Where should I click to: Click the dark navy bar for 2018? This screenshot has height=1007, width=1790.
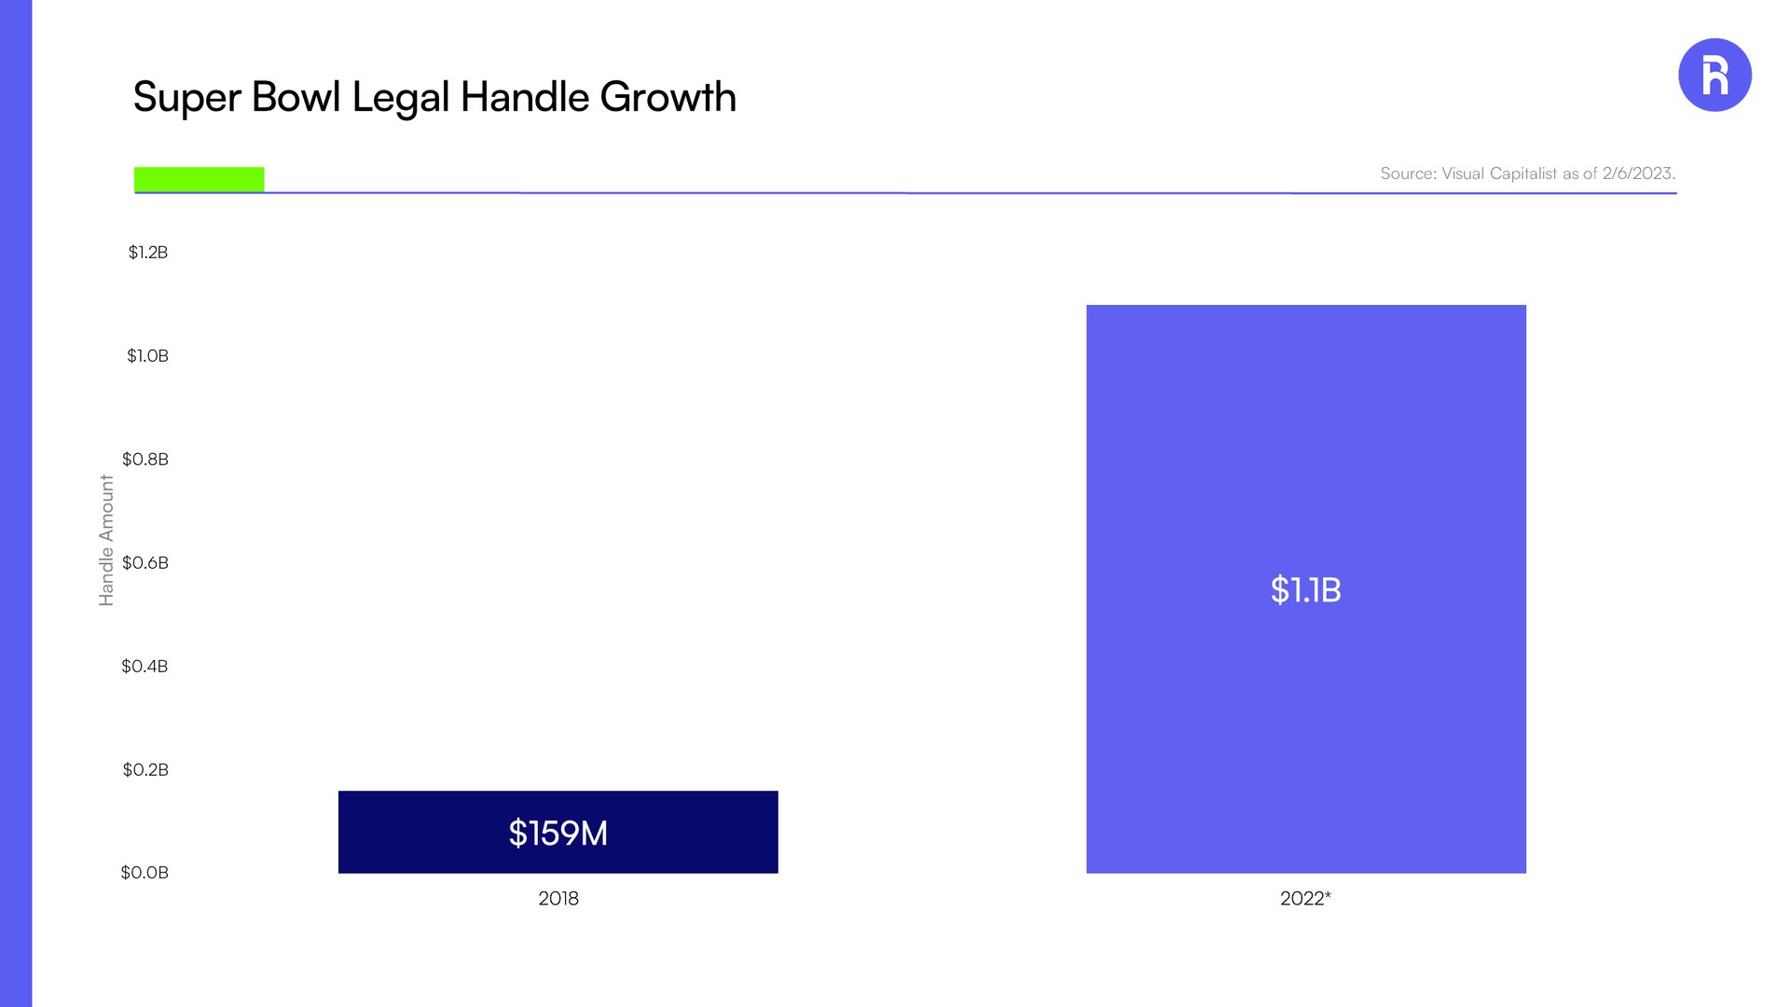click(558, 832)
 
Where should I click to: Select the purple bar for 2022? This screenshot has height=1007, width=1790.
click(1306, 589)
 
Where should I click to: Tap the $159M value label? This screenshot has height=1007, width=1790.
click(558, 833)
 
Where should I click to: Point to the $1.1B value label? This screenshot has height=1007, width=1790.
click(1305, 589)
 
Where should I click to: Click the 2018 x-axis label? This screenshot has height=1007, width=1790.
click(558, 898)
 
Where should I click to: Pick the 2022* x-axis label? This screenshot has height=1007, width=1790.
click(1305, 898)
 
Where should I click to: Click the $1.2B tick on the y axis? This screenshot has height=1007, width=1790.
click(148, 252)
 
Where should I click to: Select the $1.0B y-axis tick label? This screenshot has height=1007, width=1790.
click(147, 355)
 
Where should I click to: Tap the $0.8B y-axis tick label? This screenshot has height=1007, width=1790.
click(145, 459)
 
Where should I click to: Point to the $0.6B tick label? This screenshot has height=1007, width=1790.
click(145, 562)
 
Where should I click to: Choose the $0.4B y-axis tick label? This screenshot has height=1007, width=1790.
click(145, 666)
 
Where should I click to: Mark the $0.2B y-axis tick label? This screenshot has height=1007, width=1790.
click(145, 769)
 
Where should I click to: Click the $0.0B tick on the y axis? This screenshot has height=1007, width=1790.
click(145, 873)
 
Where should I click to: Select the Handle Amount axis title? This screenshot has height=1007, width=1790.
click(106, 540)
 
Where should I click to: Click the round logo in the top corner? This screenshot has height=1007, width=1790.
click(1714, 75)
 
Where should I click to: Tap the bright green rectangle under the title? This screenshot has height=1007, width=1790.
click(200, 179)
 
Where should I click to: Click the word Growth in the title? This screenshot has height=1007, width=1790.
click(668, 97)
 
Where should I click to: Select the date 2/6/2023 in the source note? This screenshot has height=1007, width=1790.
click(1638, 173)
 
